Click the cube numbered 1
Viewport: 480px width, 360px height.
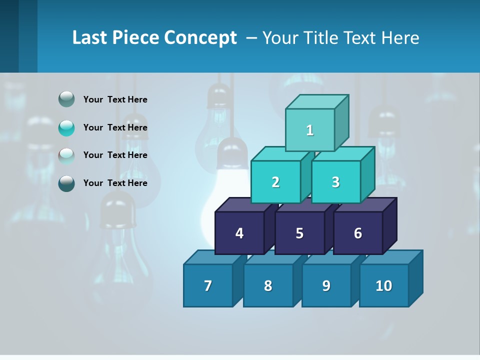pos(310,130)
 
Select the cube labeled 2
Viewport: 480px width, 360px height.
pos(275,182)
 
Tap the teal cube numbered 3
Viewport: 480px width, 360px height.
pos(335,182)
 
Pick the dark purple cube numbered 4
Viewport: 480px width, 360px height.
pos(239,233)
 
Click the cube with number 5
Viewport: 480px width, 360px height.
pos(299,233)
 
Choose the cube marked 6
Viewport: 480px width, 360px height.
pos(357,233)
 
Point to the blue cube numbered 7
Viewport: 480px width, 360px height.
pos(208,285)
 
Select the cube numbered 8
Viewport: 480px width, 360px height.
pos(268,285)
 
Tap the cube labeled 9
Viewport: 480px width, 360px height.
pos(326,285)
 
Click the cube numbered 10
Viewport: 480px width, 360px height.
pos(383,285)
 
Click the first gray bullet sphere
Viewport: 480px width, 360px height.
pos(66,99)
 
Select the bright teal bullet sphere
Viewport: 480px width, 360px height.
pos(66,127)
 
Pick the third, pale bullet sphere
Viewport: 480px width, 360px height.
pos(66,155)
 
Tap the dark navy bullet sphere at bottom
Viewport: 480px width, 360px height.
pos(66,183)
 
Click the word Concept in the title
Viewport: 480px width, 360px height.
pos(200,38)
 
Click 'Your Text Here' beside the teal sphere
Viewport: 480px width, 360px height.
pos(115,127)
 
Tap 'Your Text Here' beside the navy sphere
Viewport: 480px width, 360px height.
pos(115,183)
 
